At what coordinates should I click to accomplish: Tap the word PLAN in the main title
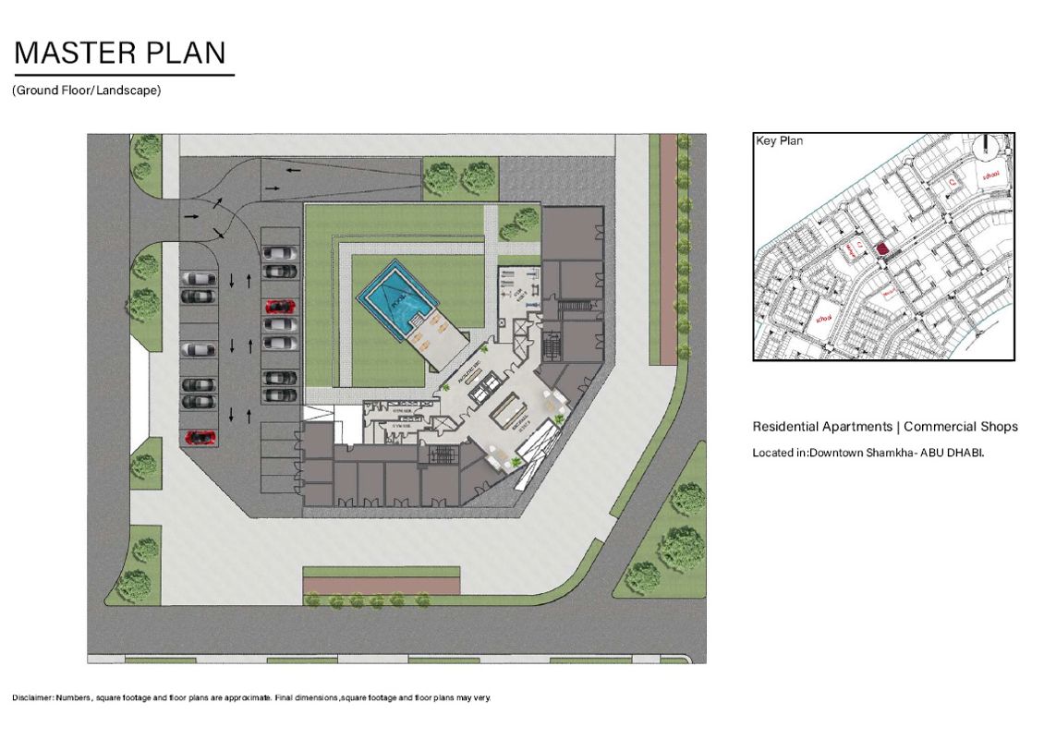point(185,53)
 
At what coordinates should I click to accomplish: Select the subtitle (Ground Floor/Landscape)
point(87,91)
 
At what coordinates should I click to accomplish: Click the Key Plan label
point(780,141)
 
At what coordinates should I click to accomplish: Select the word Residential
point(785,427)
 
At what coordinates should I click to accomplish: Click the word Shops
point(1000,427)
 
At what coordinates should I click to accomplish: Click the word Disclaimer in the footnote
point(31,697)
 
